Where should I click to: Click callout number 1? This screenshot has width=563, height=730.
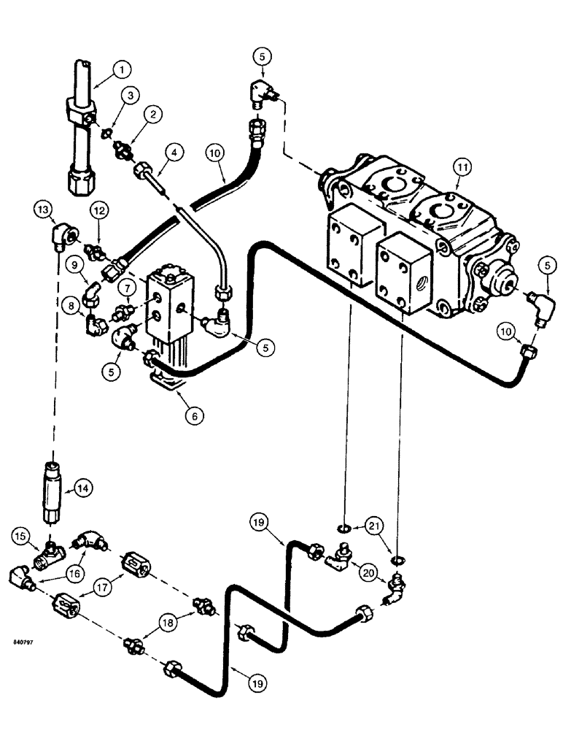pyautogui.click(x=122, y=70)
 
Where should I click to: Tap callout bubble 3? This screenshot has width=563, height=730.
pyautogui.click(x=131, y=96)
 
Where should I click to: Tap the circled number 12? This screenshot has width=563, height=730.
pyautogui.click(x=100, y=210)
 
